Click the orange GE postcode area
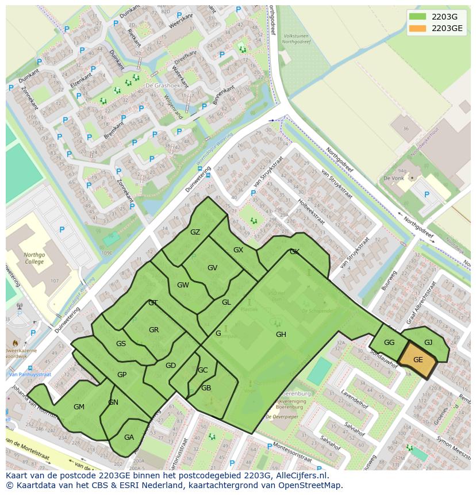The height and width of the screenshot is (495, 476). pos(418,360)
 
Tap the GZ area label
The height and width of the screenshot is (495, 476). pos(195,232)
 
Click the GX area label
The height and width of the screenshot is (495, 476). pos(239,250)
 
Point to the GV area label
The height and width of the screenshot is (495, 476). pos(212,268)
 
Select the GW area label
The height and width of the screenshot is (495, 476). pos(183,285)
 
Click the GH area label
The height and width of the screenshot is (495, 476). pos(281,335)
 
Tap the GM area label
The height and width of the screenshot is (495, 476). pos(79,407)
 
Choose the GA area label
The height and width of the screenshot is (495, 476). pos(129,438)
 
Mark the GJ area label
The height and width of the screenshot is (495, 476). pos(428,343)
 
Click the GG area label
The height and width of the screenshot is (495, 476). pos(389,343)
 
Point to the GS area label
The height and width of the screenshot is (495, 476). pos(121,344)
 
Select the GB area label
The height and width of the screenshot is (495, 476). pos(206,388)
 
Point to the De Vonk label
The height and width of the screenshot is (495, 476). pos(393,179)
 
